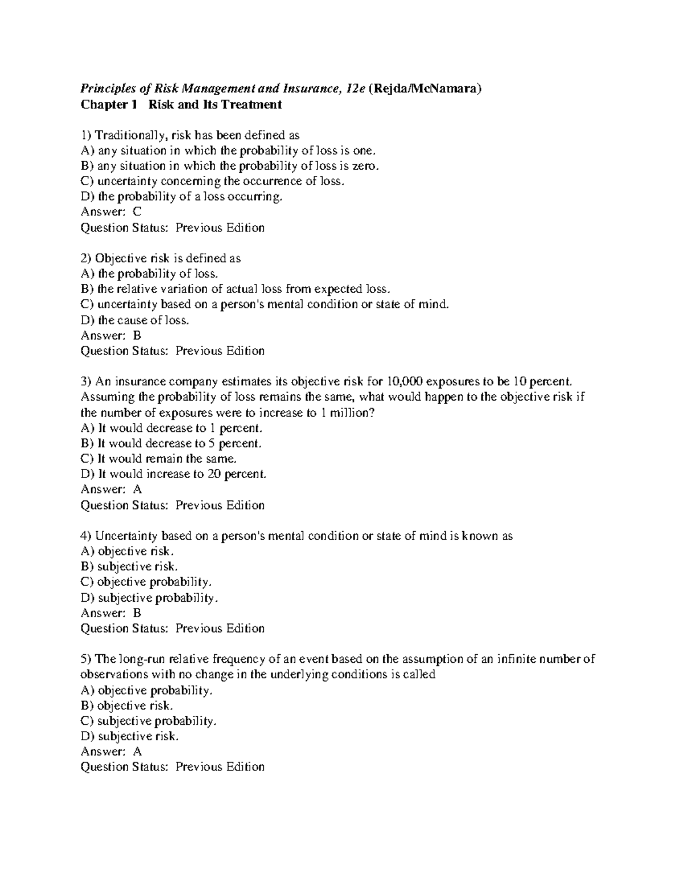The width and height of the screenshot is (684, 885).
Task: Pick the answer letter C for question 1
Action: [x=136, y=212]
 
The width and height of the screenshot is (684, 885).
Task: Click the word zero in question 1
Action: [x=364, y=166]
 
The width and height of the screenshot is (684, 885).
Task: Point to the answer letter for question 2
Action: [x=137, y=335]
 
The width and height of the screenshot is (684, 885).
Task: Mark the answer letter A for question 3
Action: [x=137, y=489]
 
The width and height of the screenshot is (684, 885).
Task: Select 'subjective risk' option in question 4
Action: [x=137, y=567]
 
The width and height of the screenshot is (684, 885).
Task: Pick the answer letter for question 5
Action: [x=137, y=752]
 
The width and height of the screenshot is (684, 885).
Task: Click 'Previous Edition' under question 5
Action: [x=220, y=767]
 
